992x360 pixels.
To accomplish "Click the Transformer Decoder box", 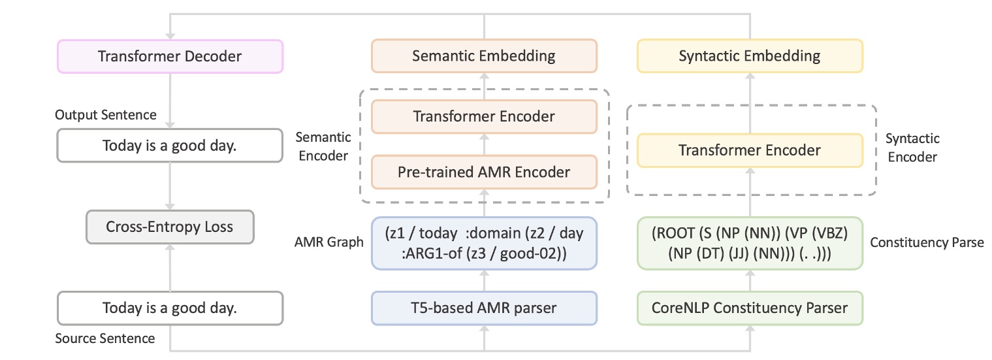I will click(x=170, y=56).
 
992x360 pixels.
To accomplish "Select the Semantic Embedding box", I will click(x=484, y=56).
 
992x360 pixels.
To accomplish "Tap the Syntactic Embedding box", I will click(x=750, y=56).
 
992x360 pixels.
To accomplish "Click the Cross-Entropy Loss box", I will click(x=170, y=227).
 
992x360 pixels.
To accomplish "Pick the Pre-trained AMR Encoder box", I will click(x=484, y=172).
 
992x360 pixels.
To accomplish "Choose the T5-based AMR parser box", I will click(x=484, y=308).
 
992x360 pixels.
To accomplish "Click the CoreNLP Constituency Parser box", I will click(x=750, y=308).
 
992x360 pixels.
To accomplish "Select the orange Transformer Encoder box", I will click(x=484, y=117).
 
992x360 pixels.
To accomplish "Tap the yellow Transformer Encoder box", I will click(x=750, y=150).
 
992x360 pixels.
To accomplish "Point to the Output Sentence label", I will click(x=106, y=115).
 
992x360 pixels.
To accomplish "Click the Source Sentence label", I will click(x=105, y=338).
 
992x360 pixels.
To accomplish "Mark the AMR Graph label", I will click(x=328, y=242).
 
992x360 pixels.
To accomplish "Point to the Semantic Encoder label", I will click(x=323, y=147).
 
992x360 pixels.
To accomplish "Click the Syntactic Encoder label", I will click(x=912, y=148).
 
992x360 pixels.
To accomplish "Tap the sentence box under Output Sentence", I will click(x=170, y=146).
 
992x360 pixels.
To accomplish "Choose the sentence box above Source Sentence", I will click(x=170, y=308).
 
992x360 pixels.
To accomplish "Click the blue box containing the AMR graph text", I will click(x=484, y=243).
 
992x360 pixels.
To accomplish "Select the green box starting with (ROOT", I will click(x=750, y=243).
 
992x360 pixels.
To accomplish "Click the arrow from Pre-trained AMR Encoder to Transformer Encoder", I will click(x=484, y=144).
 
